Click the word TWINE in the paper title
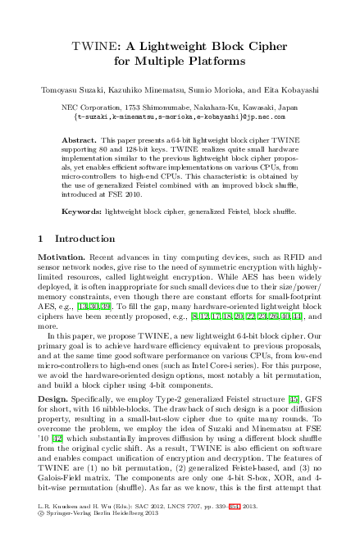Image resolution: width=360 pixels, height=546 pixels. (x=93, y=46)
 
